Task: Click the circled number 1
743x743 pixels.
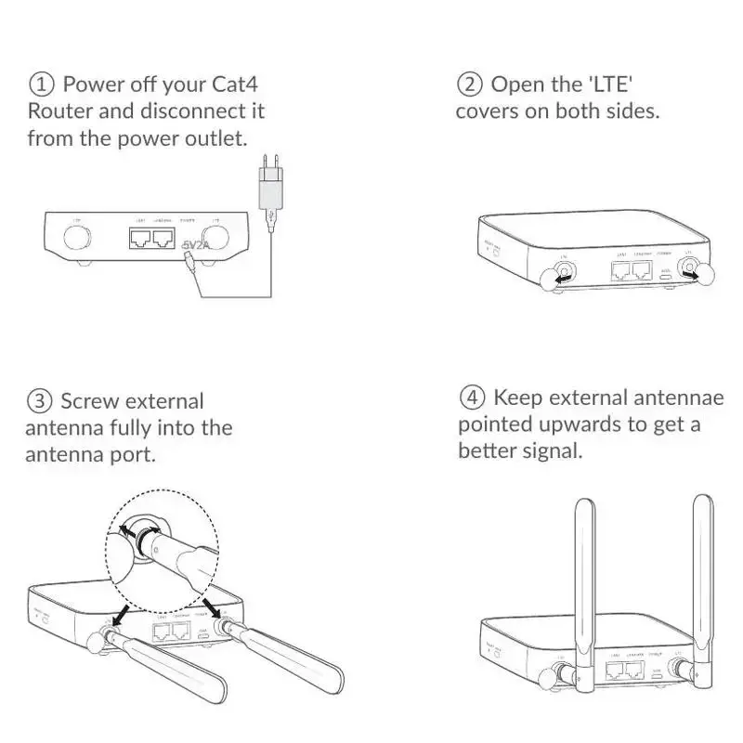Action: [x=42, y=85]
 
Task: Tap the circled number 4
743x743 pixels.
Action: [x=472, y=398]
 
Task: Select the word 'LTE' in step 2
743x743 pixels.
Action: [x=612, y=85]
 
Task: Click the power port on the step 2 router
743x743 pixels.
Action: [x=665, y=275]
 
